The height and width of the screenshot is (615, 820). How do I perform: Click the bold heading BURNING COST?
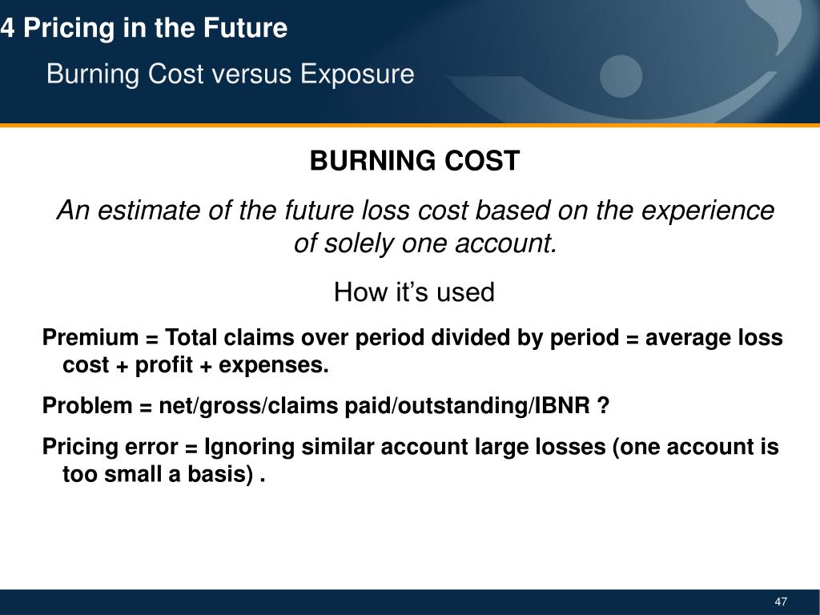pos(414,162)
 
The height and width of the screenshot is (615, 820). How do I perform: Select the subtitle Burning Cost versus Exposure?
pos(230,74)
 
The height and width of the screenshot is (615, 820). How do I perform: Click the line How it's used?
pos(414,292)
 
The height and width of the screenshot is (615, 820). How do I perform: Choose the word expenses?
pos(274,366)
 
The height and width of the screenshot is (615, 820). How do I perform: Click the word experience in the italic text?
pos(713,211)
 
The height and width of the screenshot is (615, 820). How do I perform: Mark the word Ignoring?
pos(249,447)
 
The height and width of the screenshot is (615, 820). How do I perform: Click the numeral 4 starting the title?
pos(7,29)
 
